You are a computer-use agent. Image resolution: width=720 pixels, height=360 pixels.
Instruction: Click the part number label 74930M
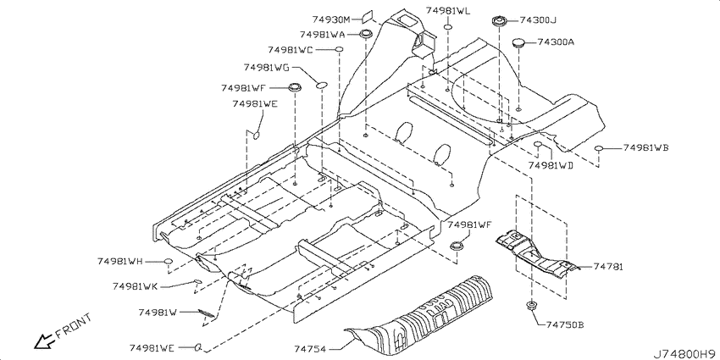click(x=331, y=19)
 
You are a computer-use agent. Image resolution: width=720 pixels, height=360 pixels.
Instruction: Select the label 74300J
click(x=539, y=20)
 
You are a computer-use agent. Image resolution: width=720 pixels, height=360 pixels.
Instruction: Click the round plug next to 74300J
click(x=499, y=20)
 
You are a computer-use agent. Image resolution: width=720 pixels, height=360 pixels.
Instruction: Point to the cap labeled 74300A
click(x=519, y=42)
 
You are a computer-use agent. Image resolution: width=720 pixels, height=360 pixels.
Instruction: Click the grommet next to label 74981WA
click(x=366, y=34)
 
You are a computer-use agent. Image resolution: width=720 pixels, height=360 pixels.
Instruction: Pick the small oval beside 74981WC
click(x=339, y=49)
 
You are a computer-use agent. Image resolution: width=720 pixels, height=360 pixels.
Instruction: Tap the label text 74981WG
click(x=267, y=68)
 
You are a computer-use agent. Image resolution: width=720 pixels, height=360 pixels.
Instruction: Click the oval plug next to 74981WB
click(x=598, y=148)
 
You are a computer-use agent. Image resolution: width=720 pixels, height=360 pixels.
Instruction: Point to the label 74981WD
click(x=551, y=165)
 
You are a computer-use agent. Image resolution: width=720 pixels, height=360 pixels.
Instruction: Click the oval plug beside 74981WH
click(x=169, y=261)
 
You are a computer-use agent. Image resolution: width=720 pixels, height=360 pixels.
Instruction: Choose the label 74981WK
click(x=135, y=286)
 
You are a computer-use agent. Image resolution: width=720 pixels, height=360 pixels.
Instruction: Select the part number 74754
click(x=310, y=350)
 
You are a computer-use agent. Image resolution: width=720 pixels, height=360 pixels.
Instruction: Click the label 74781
click(x=608, y=267)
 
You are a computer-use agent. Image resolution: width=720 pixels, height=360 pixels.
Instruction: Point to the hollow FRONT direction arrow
click(x=44, y=341)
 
